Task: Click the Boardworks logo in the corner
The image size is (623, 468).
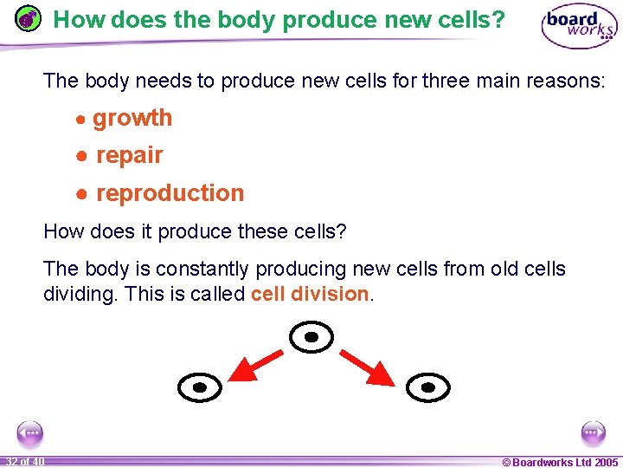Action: coord(579,28)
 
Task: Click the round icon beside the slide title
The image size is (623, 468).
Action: coord(29,18)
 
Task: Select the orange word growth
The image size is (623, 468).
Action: coord(132,118)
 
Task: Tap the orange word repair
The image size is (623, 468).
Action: coord(130,155)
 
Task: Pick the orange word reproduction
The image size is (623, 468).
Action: coord(170,193)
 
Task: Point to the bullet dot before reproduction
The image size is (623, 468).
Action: coord(80,194)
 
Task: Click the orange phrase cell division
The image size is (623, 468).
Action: coord(310,294)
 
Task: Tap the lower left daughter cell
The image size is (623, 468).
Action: coord(200,387)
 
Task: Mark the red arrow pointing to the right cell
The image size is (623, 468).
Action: coord(369,367)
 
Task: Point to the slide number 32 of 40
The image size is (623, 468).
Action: coord(25,461)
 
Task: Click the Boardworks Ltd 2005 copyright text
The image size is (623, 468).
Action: coord(560,462)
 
